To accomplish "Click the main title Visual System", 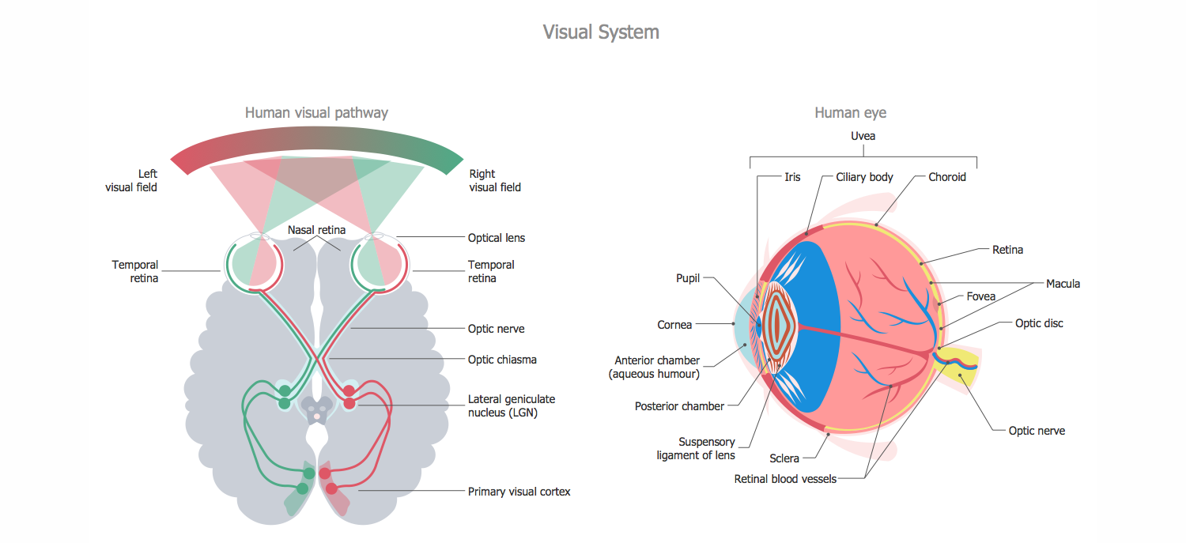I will [601, 32].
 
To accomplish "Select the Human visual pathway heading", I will [316, 113].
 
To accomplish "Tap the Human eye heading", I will [850, 113].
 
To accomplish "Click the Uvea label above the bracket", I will [863, 136].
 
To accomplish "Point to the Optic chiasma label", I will [502, 360].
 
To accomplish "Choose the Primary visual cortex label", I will [519, 492].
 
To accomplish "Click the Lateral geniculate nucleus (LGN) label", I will [512, 405].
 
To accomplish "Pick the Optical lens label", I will [497, 238].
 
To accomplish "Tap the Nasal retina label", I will [316, 230].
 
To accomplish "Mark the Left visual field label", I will [131, 181].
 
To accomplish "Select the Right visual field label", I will [495, 181].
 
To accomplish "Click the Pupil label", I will [688, 278].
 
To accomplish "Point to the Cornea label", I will [674, 325].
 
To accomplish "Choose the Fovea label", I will [980, 297].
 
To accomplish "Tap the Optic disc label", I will [1039, 323].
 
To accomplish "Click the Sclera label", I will [784, 458].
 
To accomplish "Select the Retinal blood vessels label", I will [785, 479].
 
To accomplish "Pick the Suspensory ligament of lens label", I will [696, 449].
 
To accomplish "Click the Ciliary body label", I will [864, 177].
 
